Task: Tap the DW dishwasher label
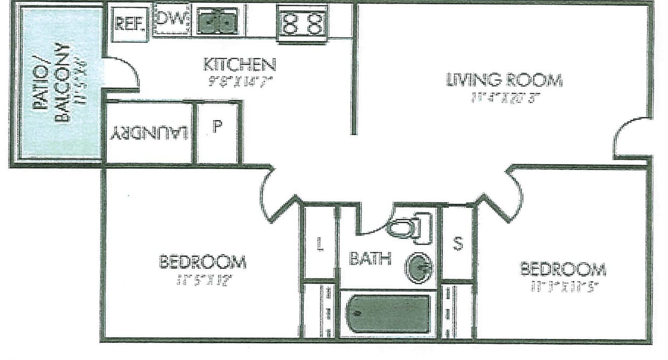coord(171,20)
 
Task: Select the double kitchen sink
coord(217,22)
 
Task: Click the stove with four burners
coord(303,23)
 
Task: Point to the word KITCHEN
coord(240,65)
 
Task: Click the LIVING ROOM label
coord(504,80)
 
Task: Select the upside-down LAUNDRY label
coord(149,133)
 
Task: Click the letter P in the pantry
coord(217,128)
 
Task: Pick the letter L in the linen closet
coord(319,245)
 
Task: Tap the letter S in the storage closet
coord(457,244)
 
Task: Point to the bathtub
coord(386,313)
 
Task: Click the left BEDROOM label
coord(203,262)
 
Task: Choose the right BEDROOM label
coord(562,268)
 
